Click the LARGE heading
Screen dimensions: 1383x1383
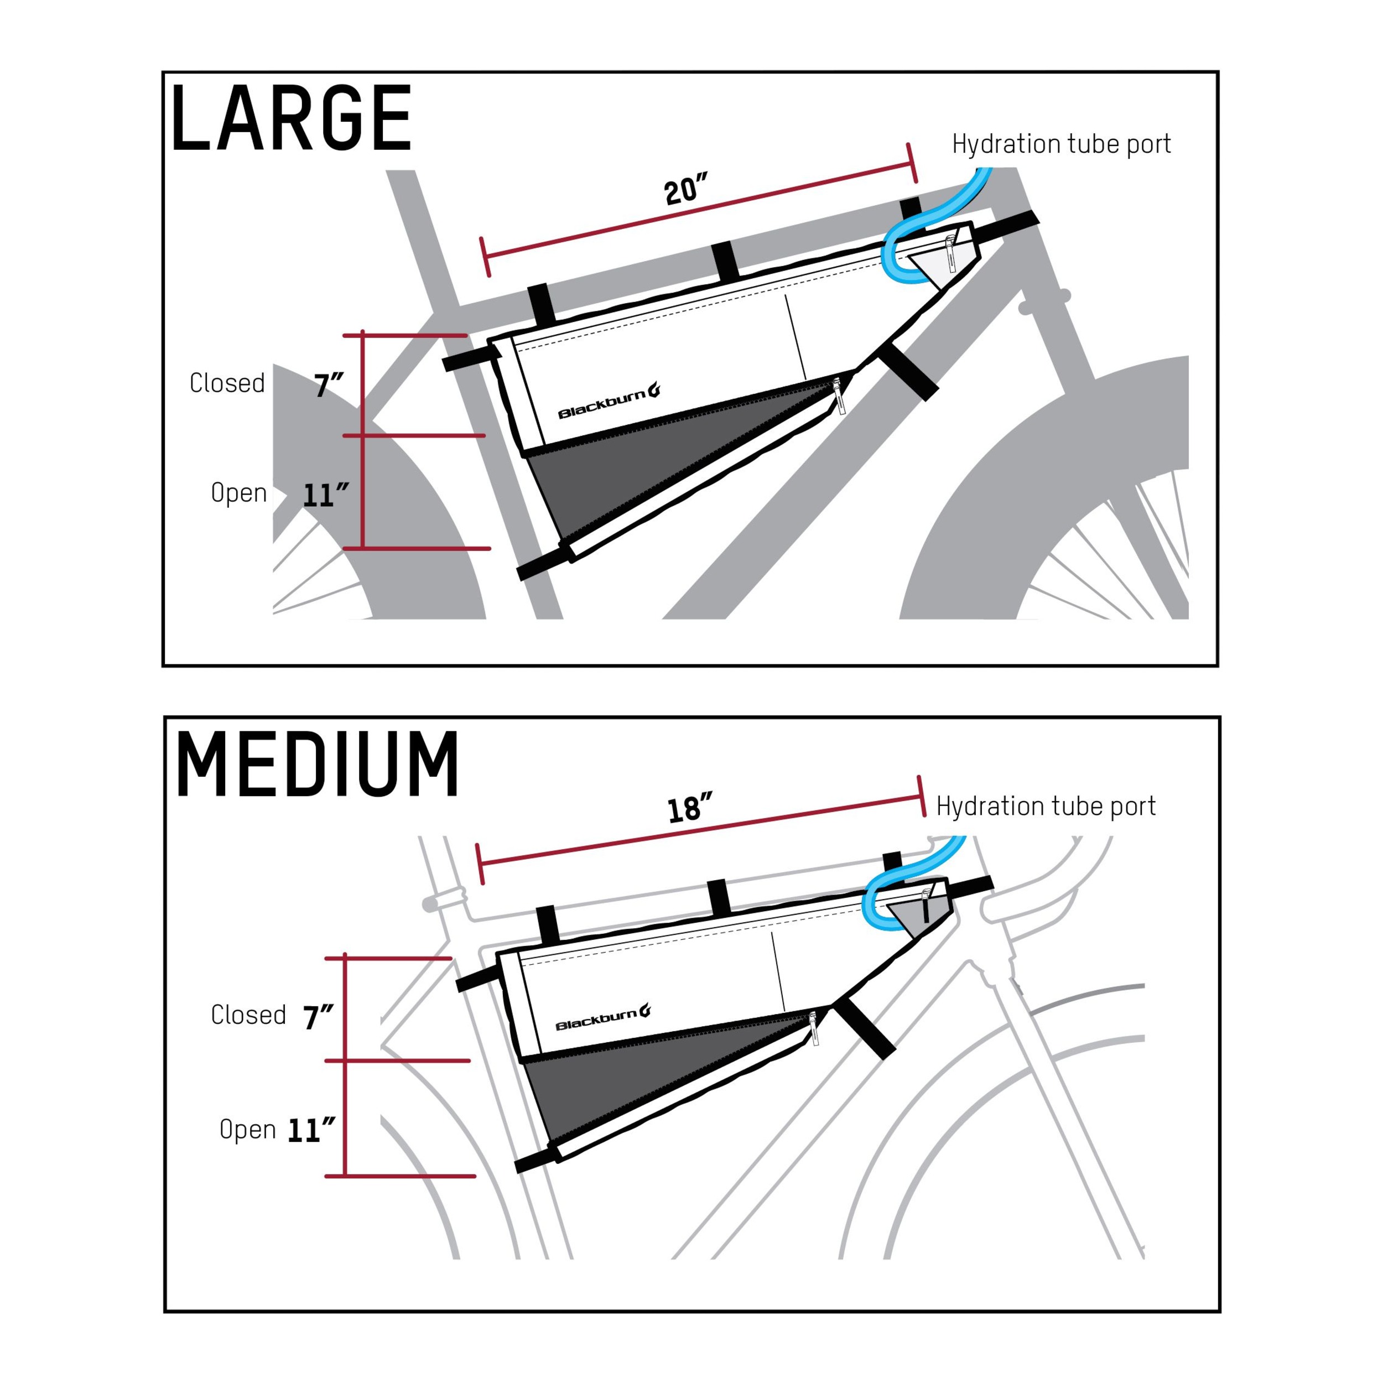pos(292,118)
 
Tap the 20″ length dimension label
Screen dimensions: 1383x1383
pos(685,190)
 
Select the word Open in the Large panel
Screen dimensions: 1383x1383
pos(238,492)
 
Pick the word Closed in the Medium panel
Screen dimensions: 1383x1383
pos(248,1015)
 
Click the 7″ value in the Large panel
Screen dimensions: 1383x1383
pos(329,386)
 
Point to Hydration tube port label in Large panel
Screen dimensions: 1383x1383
pos(1061,144)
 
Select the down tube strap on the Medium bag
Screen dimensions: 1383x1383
pos(865,1028)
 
